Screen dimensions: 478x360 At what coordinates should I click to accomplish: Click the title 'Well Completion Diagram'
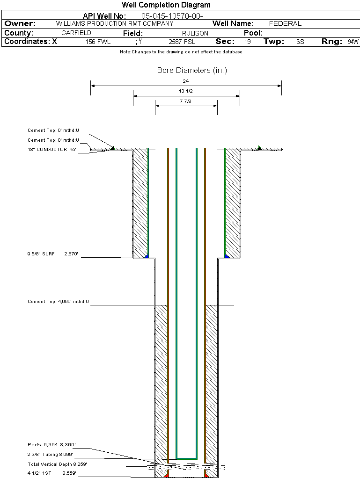(166, 5)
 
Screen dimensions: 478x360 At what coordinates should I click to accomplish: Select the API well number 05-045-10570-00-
(172, 16)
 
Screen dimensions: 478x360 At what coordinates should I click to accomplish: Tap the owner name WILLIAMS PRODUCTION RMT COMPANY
(114, 23)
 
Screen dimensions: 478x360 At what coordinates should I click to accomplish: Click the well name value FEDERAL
(285, 23)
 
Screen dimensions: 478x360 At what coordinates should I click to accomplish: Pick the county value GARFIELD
(76, 33)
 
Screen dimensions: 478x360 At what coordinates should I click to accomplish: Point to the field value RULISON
(195, 33)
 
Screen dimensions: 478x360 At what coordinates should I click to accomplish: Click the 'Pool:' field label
(253, 33)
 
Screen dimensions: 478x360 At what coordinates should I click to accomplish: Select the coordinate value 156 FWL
(98, 42)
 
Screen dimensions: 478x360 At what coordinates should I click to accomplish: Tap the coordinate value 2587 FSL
(182, 42)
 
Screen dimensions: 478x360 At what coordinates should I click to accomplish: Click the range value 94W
(353, 42)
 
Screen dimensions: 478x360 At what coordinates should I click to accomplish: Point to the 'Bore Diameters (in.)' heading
(192, 71)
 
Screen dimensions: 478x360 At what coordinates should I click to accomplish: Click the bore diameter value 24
(186, 81)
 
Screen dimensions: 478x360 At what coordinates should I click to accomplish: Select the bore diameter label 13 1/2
(186, 91)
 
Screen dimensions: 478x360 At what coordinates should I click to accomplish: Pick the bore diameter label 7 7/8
(186, 101)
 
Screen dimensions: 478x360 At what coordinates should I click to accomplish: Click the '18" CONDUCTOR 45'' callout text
(52, 150)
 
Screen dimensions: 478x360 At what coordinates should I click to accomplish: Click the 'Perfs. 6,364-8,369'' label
(51, 444)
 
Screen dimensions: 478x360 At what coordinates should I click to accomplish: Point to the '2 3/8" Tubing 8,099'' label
(50, 455)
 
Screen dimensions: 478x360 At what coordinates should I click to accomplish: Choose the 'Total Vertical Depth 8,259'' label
(57, 464)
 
